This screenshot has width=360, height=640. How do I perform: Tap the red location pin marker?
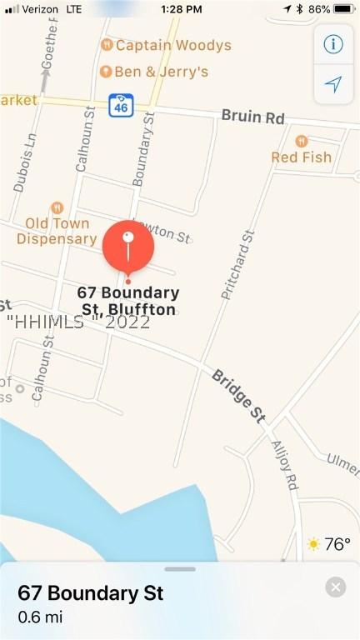127,247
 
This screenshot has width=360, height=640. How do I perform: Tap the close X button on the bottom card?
335,587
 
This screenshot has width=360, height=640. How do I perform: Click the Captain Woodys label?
173,45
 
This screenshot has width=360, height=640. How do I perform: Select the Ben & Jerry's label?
162,72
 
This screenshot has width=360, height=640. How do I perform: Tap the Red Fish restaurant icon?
301,141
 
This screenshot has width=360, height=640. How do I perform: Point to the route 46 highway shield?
119,106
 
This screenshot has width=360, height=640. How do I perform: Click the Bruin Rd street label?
252,117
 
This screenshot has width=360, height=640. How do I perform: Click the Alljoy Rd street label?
284,463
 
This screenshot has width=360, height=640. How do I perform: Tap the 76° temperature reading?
337,545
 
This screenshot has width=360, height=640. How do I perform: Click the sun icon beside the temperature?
313,545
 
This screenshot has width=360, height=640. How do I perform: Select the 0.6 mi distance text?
40,617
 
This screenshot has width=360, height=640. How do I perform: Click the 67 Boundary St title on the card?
90,593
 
